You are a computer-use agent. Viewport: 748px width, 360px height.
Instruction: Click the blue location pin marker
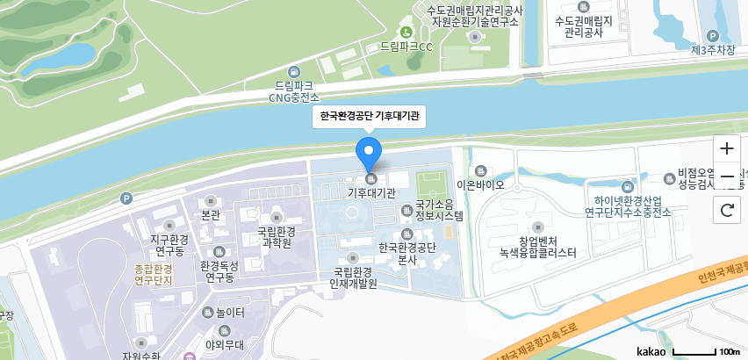[370, 154]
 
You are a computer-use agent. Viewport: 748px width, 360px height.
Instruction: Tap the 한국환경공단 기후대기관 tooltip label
[370, 116]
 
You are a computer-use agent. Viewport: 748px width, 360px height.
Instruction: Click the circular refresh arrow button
[726, 210]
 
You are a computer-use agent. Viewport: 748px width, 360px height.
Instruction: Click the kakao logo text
[652, 351]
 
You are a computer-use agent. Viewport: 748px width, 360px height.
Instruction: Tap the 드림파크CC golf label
[406, 46]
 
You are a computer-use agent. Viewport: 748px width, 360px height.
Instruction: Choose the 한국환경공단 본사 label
[406, 253]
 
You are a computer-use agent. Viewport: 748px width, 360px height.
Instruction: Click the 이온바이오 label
[480, 185]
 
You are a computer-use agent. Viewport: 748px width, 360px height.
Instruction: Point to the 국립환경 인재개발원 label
[352, 277]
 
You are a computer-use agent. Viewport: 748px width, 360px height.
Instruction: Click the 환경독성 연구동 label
[219, 271]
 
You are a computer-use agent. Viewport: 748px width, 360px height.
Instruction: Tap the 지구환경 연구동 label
[166, 244]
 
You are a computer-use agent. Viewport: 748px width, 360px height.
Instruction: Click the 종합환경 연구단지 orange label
[154, 274]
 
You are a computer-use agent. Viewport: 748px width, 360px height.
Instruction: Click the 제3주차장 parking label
[712, 50]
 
